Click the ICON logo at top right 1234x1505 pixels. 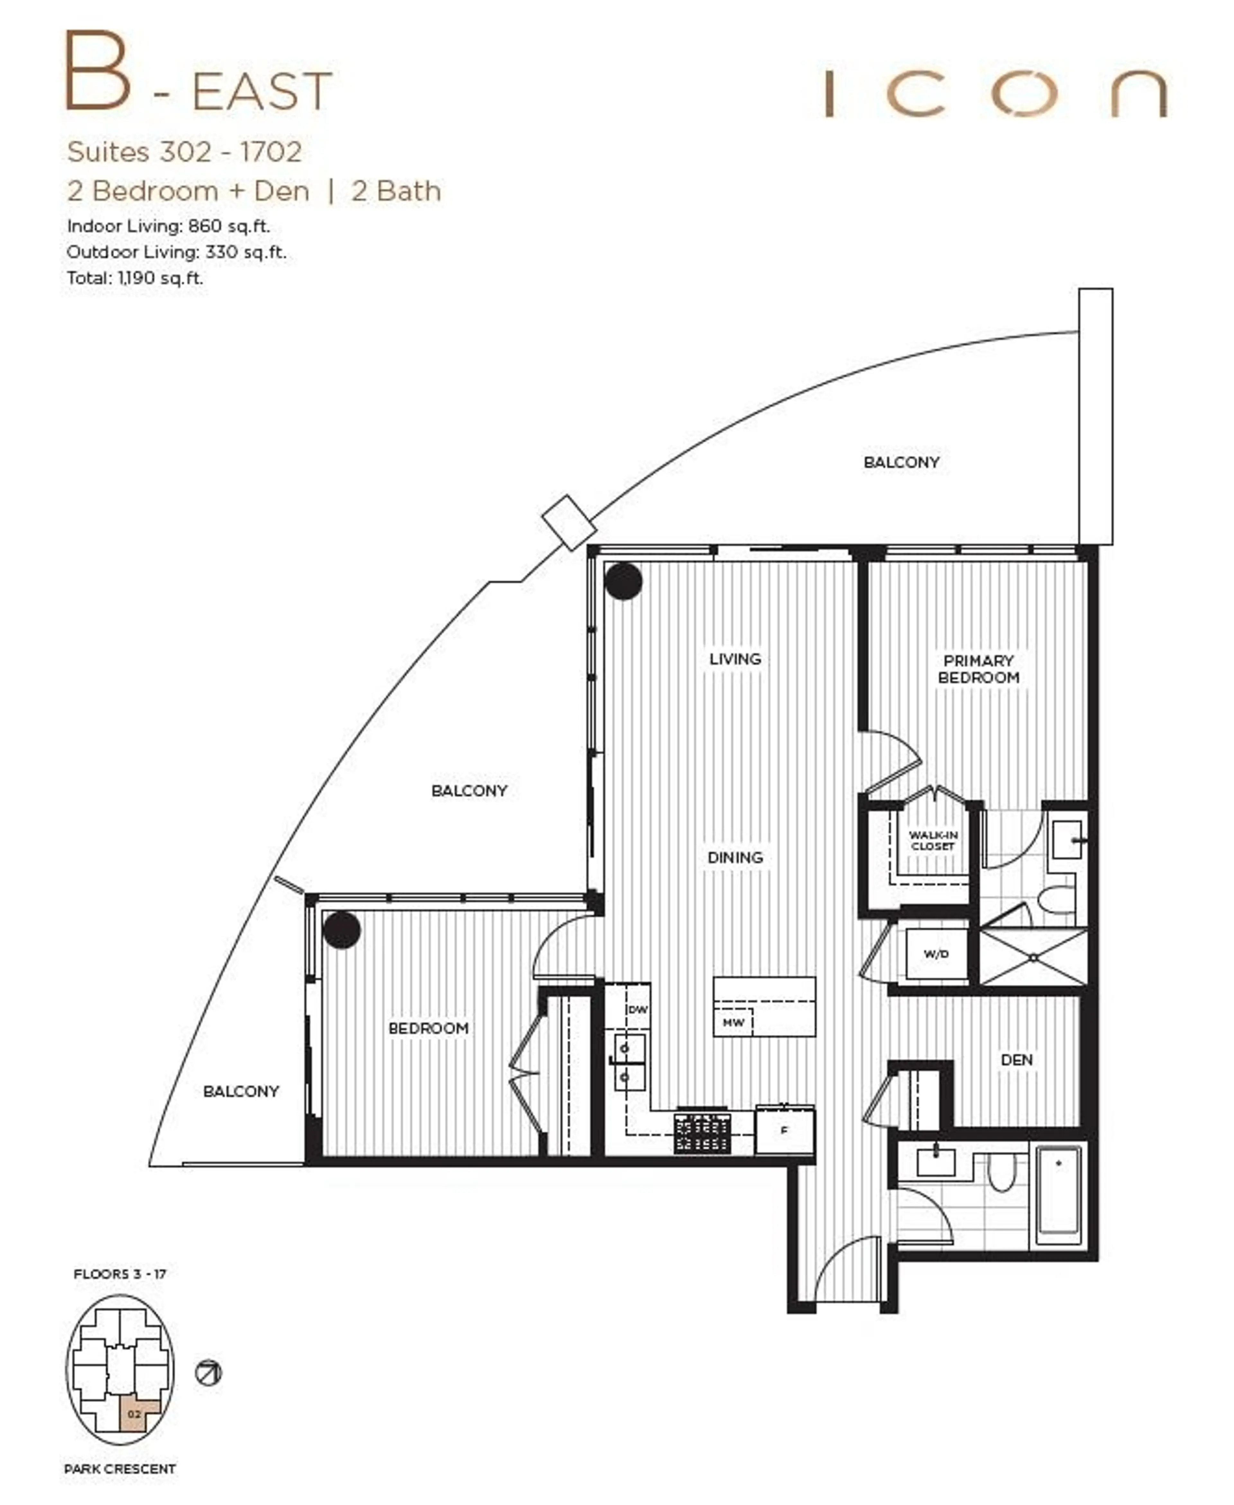pos(995,93)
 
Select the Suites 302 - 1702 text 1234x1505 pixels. pos(184,152)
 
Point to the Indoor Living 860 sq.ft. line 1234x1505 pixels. pos(168,226)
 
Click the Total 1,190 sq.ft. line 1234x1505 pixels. pos(135,278)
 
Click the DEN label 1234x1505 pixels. pos(1016,1059)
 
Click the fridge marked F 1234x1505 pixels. pos(785,1130)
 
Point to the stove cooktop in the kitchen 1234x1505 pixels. pos(702,1133)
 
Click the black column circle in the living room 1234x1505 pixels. pos(623,581)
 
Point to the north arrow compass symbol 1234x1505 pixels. pos(208,1372)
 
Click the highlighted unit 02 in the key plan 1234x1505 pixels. pos(134,1414)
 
